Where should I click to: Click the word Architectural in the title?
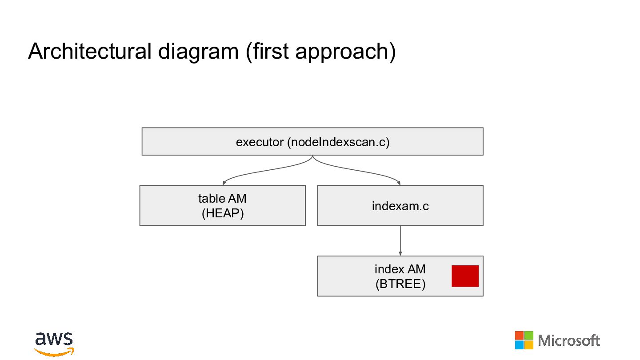pyautogui.click(x=90, y=51)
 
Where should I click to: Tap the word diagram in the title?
pyautogui.click(x=198, y=52)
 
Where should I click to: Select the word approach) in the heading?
pyautogui.click(x=345, y=52)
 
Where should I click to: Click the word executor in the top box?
pyautogui.click(x=260, y=142)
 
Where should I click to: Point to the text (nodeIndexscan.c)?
pyautogui.click(x=339, y=142)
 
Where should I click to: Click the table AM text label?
pyautogui.click(x=222, y=199)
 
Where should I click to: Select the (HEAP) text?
pyautogui.click(x=223, y=213)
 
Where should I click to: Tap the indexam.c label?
pyautogui.click(x=400, y=206)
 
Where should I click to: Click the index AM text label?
pyautogui.click(x=400, y=269)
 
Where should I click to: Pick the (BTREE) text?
pyautogui.click(x=400, y=284)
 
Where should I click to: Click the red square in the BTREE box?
pyautogui.click(x=465, y=276)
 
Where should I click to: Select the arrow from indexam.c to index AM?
pyautogui.click(x=400, y=240)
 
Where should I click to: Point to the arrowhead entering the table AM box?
pyautogui.click(x=224, y=183)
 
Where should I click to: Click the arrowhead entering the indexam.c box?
pyautogui.click(x=399, y=183)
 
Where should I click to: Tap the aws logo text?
pyautogui.click(x=54, y=339)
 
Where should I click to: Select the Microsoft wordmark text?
pyautogui.click(x=569, y=340)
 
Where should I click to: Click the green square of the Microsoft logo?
pyautogui.click(x=528, y=336)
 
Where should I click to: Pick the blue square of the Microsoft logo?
pyautogui.click(x=520, y=345)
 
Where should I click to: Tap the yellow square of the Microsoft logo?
pyautogui.click(x=528, y=345)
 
